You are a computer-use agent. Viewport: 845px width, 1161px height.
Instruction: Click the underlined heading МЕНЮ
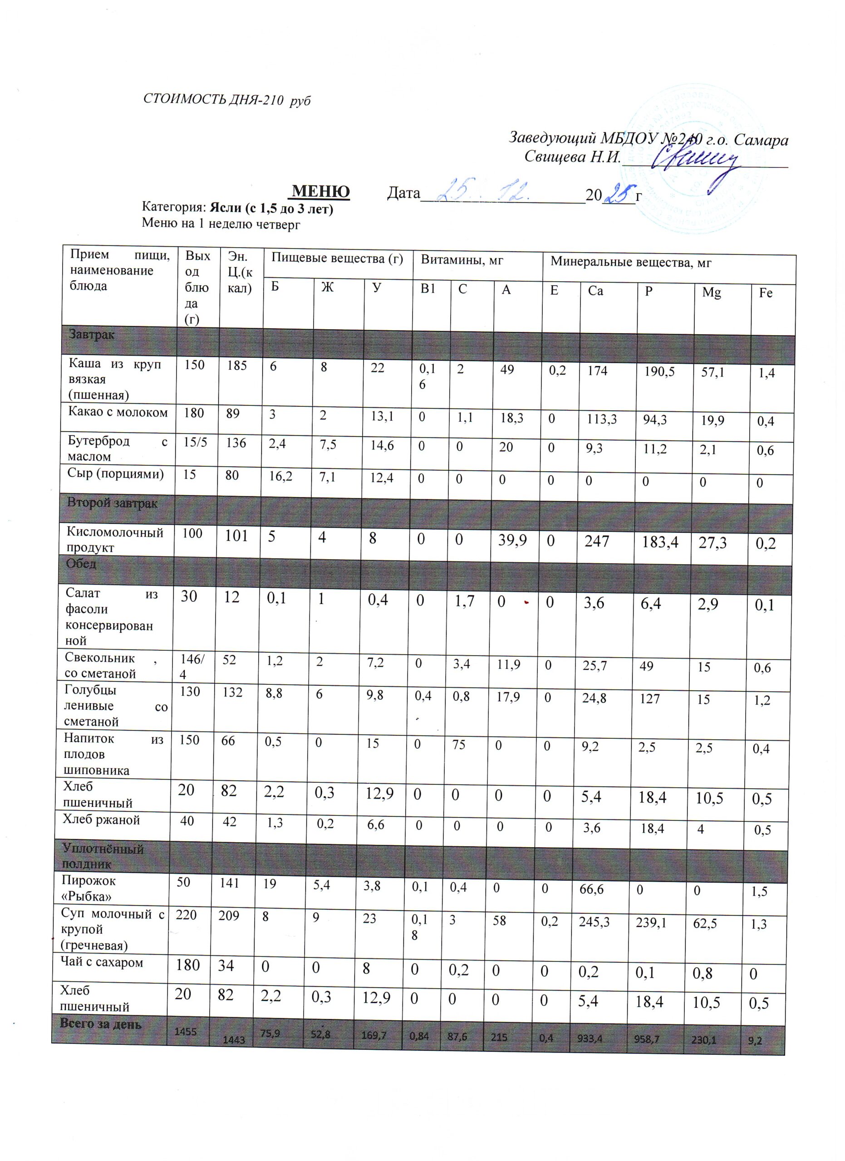click(x=320, y=191)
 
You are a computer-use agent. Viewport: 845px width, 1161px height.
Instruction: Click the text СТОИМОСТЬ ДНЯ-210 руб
click(x=227, y=100)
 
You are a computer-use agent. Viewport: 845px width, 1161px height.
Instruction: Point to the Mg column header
click(x=711, y=293)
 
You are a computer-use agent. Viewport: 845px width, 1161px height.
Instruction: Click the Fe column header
click(x=765, y=293)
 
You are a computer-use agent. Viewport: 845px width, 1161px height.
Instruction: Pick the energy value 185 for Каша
click(x=237, y=366)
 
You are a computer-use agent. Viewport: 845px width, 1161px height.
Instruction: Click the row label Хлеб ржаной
click(x=101, y=820)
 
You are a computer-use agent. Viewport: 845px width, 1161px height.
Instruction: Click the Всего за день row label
click(x=100, y=1024)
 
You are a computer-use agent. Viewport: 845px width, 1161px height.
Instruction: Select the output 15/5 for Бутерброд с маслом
click(x=195, y=442)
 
